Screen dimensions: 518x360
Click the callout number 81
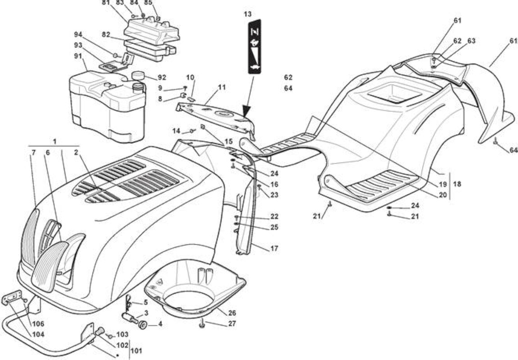106,3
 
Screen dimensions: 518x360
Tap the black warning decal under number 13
254,46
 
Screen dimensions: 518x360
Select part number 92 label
162,77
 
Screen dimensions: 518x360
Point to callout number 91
78,56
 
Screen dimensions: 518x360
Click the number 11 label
222,87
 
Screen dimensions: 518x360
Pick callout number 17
274,248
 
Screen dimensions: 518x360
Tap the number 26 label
232,313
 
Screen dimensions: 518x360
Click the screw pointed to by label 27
202,325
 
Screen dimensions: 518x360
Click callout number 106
38,324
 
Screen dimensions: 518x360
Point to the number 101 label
136,350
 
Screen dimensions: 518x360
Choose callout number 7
33,153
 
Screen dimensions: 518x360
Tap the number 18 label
457,184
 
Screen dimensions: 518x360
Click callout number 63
472,41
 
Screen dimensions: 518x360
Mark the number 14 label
177,131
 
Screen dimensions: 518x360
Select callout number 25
274,227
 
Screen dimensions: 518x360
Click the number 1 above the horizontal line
55,141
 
